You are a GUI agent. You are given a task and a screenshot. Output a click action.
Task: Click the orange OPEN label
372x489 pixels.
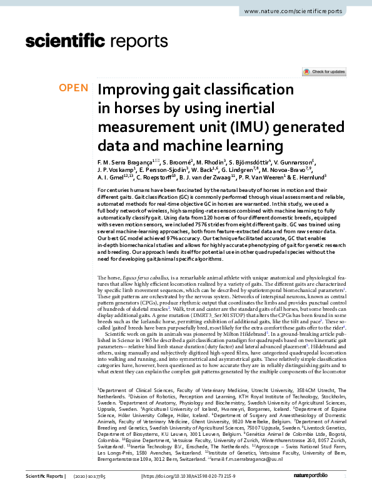tap(74, 88)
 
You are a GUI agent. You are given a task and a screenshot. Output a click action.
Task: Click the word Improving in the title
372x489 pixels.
tap(132, 89)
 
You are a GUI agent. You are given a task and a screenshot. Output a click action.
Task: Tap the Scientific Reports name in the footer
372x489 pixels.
tap(42, 476)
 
